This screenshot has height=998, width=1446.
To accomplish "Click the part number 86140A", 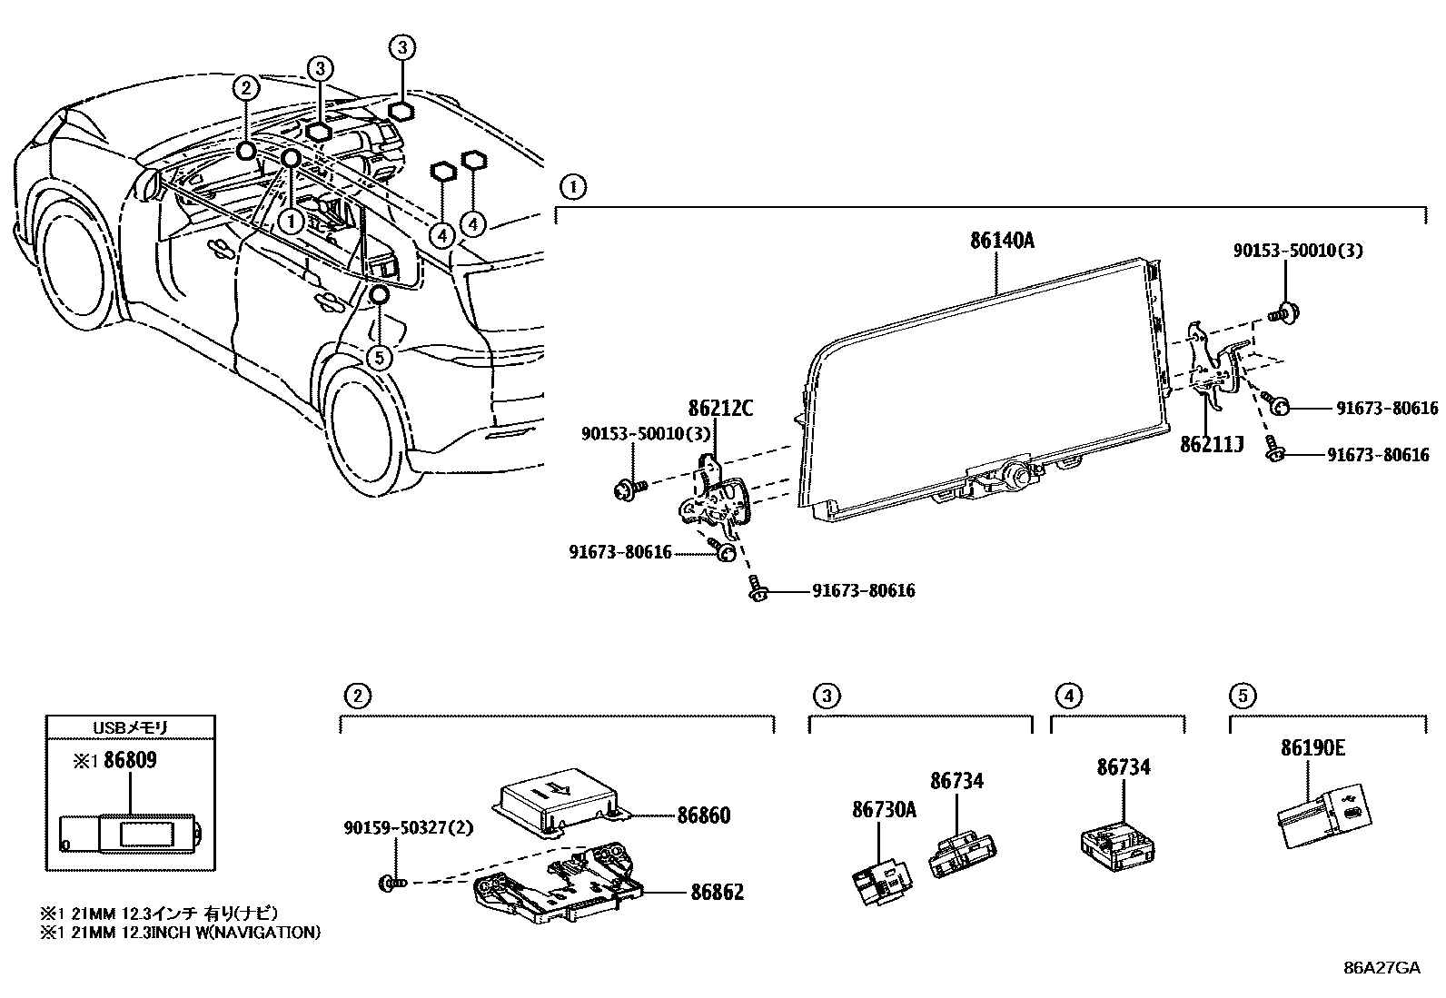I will point(1002,241).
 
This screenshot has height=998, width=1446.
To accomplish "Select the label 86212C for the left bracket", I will point(720,409).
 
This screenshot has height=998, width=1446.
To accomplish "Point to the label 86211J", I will point(1212,445).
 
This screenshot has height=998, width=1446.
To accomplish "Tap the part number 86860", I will point(703,815).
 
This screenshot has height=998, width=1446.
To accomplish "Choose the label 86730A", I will point(884,809).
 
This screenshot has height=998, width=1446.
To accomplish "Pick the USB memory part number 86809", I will point(130,760).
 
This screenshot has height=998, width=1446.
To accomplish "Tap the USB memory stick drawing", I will point(134,833).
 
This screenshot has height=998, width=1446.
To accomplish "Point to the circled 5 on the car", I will point(380,357).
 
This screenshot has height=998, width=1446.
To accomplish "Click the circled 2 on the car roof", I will point(246,88).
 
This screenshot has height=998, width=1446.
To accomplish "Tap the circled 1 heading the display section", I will point(572,188).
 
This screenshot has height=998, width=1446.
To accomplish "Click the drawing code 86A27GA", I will point(1382,967).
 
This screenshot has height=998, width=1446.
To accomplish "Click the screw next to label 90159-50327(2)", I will point(392,881).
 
